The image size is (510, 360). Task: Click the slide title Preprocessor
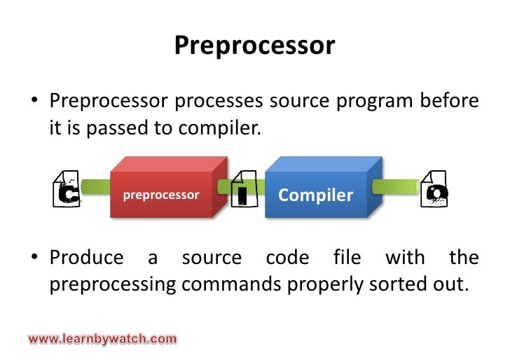click(x=254, y=46)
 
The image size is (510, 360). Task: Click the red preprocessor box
click(x=162, y=194)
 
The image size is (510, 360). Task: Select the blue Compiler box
click(x=316, y=194)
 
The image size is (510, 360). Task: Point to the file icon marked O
click(x=434, y=189)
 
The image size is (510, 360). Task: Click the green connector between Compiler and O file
click(x=397, y=187)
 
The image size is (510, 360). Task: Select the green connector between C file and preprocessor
click(x=96, y=187)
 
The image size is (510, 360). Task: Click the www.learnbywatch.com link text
click(x=102, y=339)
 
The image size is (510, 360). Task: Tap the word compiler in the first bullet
click(x=224, y=130)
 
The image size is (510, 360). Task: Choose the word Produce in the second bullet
click(x=86, y=258)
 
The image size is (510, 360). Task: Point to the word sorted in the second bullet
click(x=385, y=286)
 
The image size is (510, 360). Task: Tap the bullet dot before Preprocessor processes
click(x=33, y=104)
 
